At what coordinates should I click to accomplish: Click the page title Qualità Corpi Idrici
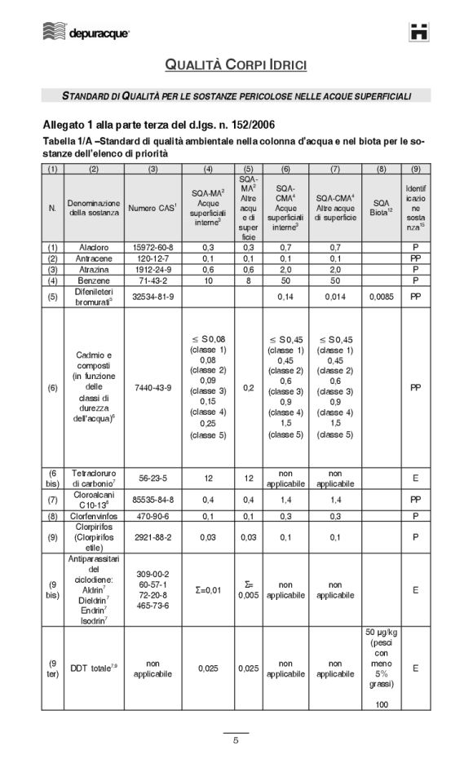point(236,64)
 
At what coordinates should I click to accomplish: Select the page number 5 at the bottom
point(236,741)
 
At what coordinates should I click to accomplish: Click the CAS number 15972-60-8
point(153,246)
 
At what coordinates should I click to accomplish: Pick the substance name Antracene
point(94,257)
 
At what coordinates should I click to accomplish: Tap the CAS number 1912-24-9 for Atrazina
point(153,268)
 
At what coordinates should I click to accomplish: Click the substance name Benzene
point(94,280)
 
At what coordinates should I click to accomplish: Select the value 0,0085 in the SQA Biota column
point(381,297)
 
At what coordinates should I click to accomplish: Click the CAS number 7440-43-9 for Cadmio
point(153,388)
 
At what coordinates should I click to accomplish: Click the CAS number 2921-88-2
point(153,537)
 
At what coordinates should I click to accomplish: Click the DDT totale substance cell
point(94,668)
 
